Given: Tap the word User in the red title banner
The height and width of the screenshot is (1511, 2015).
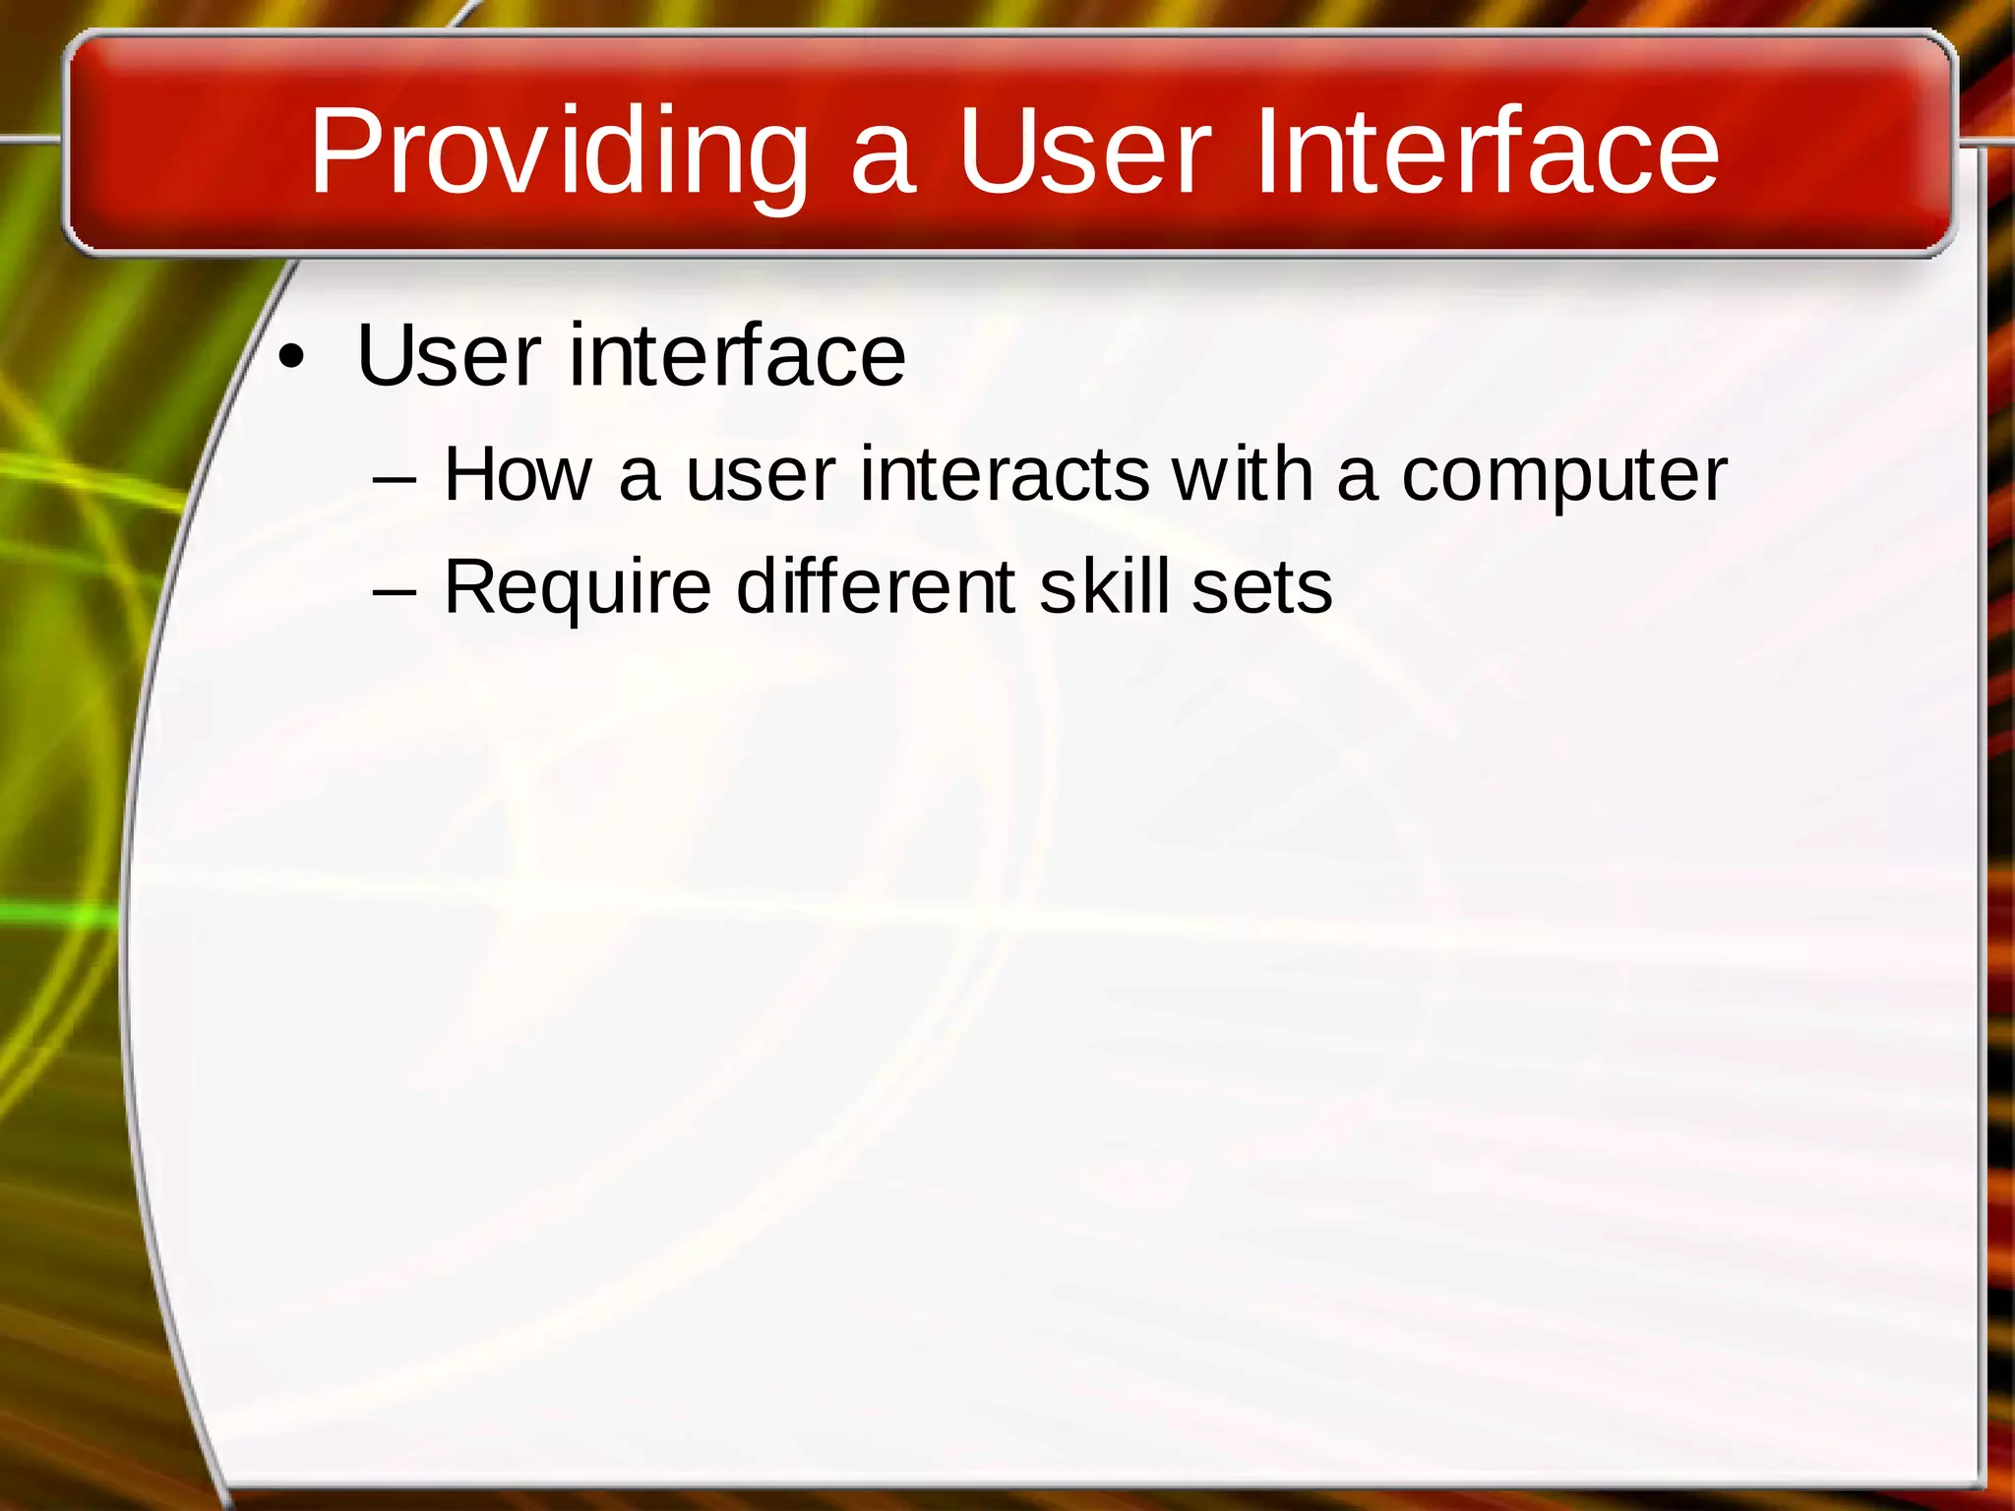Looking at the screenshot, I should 1083,152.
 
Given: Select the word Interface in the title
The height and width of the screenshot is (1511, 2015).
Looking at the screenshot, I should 1487,152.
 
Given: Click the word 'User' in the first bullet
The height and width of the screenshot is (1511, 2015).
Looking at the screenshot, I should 449,355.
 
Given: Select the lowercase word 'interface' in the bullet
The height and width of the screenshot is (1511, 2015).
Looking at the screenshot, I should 737,355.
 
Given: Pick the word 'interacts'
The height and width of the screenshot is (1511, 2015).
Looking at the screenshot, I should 1004,475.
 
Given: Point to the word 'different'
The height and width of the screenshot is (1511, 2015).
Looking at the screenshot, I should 876,587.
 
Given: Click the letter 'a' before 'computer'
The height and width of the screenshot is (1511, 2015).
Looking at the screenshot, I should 1357,479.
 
